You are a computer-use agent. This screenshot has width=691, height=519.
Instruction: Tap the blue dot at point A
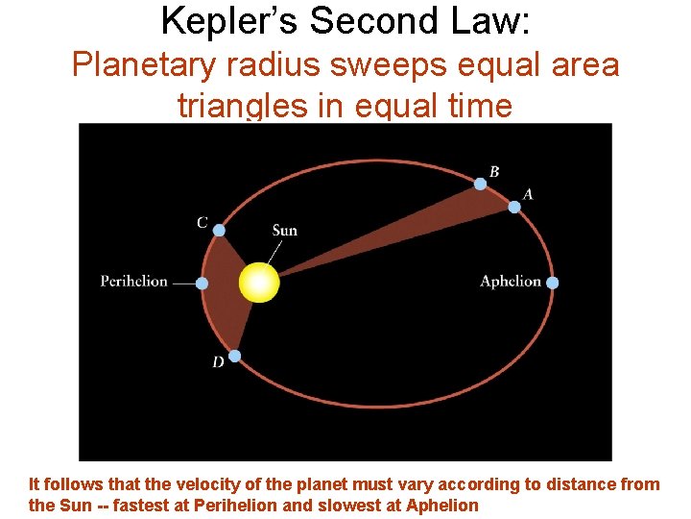[514, 207]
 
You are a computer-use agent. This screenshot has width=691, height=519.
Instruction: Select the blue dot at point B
[480, 184]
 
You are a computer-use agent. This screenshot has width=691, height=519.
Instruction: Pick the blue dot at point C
[219, 230]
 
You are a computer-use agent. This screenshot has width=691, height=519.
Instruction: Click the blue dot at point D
[234, 356]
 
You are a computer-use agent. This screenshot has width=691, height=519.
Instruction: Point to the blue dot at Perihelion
[202, 284]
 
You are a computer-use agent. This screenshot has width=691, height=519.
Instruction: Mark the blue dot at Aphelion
[552, 283]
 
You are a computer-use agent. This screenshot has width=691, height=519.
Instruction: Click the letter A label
[528, 194]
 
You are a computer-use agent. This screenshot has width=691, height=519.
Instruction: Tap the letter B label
[494, 171]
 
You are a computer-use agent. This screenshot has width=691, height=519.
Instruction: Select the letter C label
[202, 223]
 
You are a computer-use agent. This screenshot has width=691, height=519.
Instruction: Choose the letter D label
[218, 362]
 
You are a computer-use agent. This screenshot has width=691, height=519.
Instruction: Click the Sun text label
[285, 231]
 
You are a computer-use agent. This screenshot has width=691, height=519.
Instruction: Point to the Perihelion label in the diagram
[134, 282]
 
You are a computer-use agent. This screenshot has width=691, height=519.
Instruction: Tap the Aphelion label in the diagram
[511, 282]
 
